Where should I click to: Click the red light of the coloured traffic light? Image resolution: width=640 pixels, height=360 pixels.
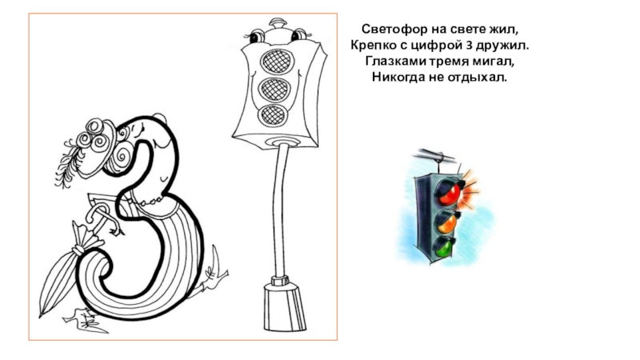point(449,193)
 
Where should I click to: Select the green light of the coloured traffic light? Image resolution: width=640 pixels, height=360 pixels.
point(444,247)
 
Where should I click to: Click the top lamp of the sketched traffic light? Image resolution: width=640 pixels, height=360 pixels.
point(277,62)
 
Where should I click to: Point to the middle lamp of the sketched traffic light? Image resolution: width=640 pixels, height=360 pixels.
point(274,89)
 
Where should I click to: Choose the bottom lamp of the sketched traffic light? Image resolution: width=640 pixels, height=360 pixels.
point(273,115)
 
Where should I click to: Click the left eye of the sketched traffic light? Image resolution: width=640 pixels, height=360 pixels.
point(255,36)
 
